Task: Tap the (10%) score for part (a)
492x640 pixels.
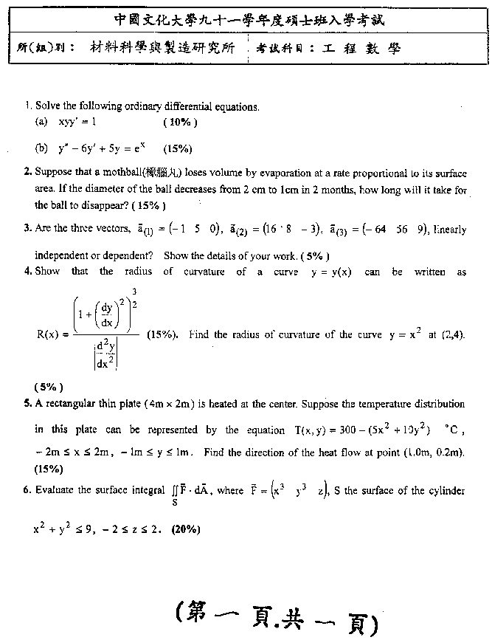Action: [x=180, y=121]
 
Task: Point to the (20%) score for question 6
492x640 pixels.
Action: [x=184, y=529]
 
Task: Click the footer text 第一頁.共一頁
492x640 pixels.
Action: [x=277, y=616]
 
